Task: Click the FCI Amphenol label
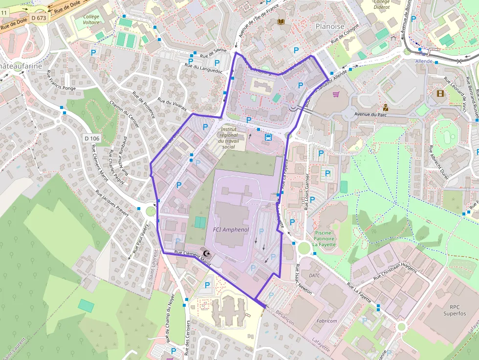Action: [x=231, y=229]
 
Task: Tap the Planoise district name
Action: [x=330, y=26]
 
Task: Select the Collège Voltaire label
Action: [x=91, y=20]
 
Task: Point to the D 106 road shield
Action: [x=91, y=138]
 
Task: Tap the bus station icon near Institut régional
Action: [x=268, y=137]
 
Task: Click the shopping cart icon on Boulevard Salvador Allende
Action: [x=336, y=94]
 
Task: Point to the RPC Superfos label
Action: [x=455, y=310]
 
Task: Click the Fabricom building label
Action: [x=327, y=321]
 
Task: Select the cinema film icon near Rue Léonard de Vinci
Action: [x=440, y=93]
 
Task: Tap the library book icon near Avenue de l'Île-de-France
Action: [x=281, y=22]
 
